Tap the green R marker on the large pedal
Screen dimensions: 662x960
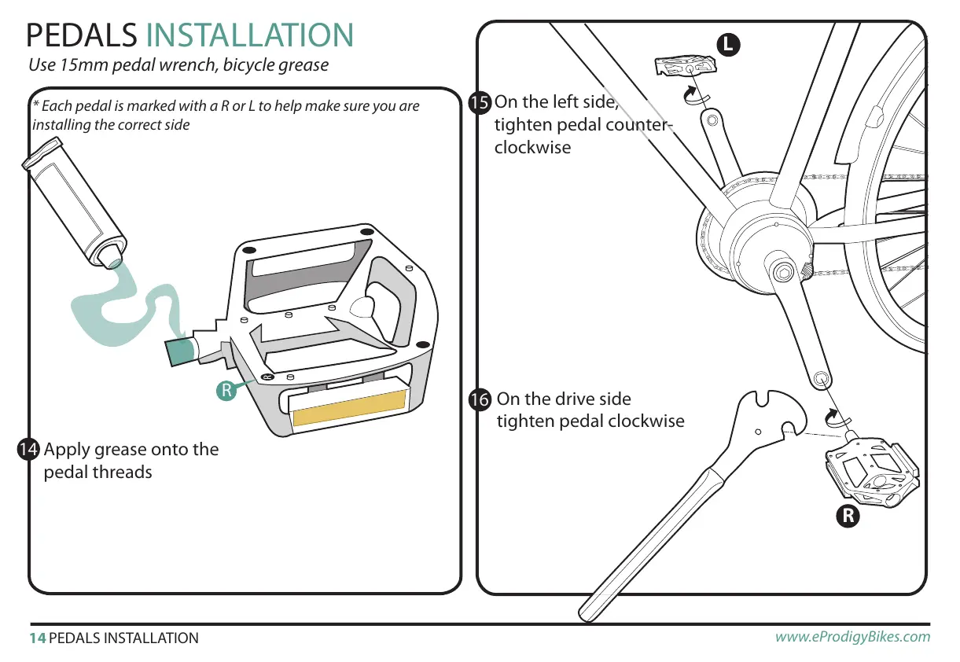pos(226,390)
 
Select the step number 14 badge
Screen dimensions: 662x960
pos(28,450)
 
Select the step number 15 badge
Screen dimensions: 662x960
pos(479,102)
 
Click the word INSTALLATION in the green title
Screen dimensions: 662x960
pos(250,35)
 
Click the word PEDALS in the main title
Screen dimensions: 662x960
pos(81,35)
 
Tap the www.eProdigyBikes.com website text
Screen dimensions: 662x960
pos(852,637)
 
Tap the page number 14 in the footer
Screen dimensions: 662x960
pos(37,638)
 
